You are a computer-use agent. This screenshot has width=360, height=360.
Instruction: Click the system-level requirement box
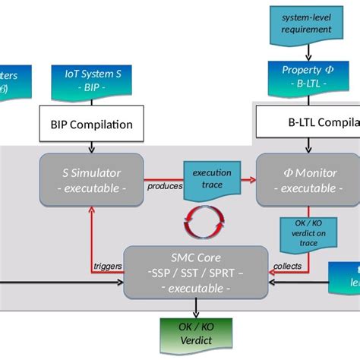click(306, 23)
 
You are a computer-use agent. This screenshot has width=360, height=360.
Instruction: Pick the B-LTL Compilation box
click(307, 122)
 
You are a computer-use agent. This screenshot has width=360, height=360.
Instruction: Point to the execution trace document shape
click(210, 179)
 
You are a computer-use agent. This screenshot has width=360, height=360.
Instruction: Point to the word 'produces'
click(165, 185)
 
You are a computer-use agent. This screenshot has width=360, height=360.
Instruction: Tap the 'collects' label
click(288, 265)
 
